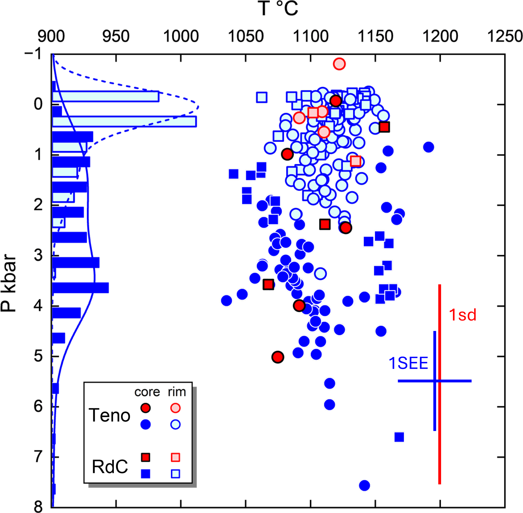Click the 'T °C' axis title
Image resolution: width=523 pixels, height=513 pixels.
[278, 9]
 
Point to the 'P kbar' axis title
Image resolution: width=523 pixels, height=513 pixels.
[9, 283]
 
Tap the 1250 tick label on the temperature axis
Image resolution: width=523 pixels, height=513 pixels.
[505, 36]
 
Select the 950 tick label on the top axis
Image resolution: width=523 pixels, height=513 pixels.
[116, 36]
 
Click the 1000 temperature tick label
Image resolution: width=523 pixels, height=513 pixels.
[181, 36]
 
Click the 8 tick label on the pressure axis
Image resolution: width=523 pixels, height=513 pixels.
[38, 506]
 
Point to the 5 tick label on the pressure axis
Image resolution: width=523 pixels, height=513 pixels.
[38, 356]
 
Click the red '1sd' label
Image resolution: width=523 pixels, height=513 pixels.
[462, 315]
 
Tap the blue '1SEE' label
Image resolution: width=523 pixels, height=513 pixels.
[408, 363]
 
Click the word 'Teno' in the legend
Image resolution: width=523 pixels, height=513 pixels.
[109, 415]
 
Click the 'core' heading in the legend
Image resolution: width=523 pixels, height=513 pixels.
[147, 392]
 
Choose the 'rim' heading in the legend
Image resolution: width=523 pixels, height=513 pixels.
[177, 392]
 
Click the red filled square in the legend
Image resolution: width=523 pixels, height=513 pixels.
[145, 457]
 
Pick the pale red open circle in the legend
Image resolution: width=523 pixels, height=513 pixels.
[175, 408]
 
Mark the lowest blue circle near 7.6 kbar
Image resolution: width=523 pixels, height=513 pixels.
[365, 485]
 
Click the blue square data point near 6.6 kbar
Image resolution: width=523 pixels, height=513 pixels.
[399, 437]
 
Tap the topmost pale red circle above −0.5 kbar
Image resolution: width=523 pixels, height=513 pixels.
[339, 64]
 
